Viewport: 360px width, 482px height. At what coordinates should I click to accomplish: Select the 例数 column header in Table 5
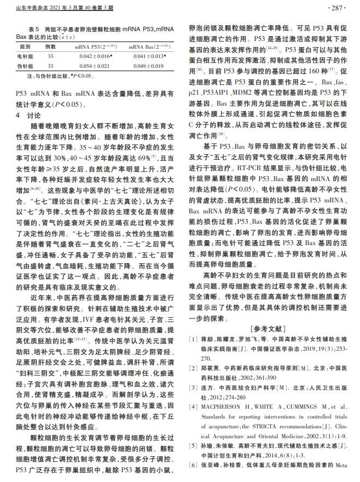pos(51,47)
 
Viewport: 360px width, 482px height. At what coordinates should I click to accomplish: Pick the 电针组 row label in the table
pos(25,56)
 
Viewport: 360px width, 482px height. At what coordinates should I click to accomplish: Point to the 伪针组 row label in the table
pos(25,66)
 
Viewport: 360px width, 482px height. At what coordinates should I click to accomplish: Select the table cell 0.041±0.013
pos(149,56)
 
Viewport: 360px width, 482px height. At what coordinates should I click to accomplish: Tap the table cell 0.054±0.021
pos(94,66)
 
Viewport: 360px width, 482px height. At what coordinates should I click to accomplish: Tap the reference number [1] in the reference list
pos(193,340)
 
